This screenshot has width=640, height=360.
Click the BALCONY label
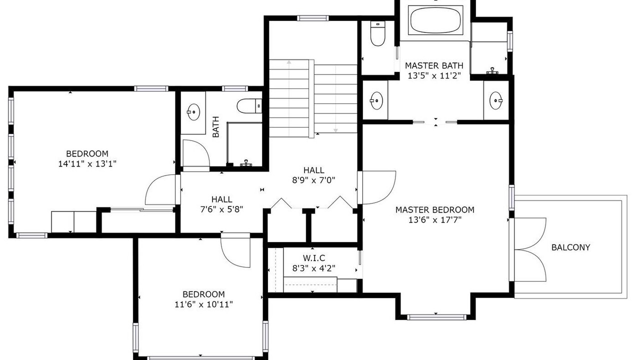tap(570, 247)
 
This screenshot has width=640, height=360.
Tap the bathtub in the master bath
tap(435, 20)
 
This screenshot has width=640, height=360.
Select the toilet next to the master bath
tap(377, 33)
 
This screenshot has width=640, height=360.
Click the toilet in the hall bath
tap(249, 106)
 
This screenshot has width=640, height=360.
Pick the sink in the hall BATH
tap(193, 112)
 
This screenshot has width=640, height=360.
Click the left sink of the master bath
tap(376, 100)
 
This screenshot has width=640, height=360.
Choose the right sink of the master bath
tap(495, 100)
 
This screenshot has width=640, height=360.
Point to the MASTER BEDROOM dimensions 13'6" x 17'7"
tap(435, 220)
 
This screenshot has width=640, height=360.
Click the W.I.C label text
tap(313, 258)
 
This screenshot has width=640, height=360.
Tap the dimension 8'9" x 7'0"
tap(313, 180)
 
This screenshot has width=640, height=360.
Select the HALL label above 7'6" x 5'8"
tap(221, 199)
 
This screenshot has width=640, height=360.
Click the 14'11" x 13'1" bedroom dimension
tap(87, 164)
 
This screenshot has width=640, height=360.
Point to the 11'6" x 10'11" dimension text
tap(203, 304)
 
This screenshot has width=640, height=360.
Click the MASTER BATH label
tap(434, 65)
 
